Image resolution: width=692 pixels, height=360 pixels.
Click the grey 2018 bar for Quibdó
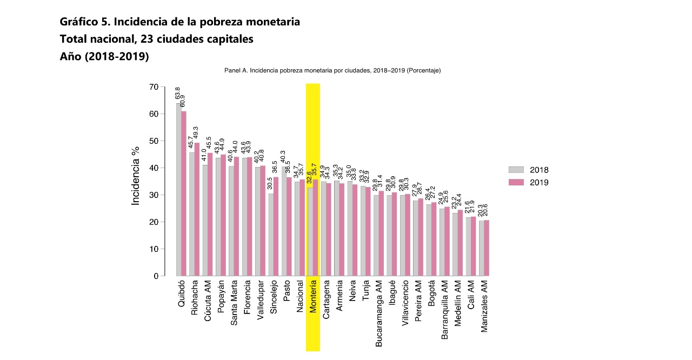pos(178,189)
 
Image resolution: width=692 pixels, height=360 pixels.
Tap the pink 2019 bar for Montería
pos(315,228)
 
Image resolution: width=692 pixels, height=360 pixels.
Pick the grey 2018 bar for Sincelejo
pos(271,235)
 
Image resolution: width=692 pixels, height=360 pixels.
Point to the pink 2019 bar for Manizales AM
pos(487,248)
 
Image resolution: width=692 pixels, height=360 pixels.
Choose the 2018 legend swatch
pos(516,170)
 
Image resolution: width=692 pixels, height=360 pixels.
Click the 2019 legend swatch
pos(516,183)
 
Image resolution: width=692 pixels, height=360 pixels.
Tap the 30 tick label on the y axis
pos(154,195)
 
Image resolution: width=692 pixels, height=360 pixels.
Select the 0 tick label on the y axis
pos(156,276)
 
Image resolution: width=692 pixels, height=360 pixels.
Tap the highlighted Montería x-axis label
pos(313,297)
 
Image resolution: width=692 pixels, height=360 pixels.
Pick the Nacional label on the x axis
pos(300,297)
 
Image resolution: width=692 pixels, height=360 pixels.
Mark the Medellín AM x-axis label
pos(457,302)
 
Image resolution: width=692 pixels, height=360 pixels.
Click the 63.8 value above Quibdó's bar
pos(177,93)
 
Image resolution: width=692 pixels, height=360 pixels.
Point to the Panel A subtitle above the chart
pos(332,70)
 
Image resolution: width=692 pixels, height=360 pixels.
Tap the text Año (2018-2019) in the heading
pos(104,56)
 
